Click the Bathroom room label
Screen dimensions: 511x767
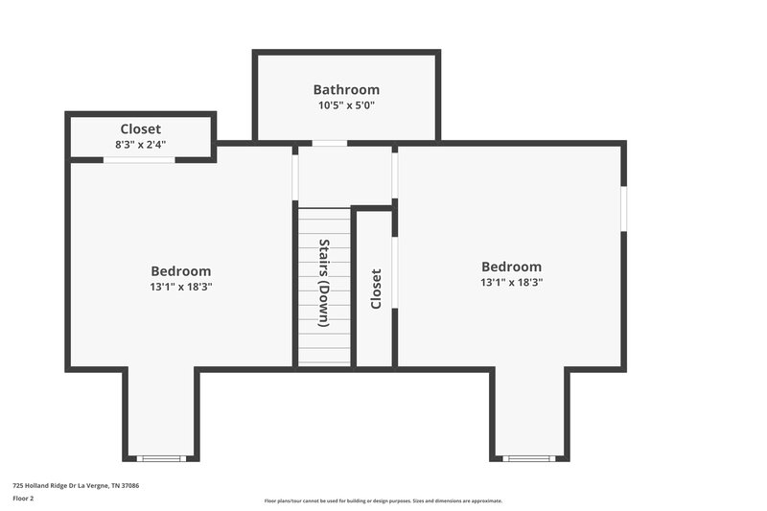click(x=346, y=89)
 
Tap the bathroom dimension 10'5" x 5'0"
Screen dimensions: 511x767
click(x=346, y=105)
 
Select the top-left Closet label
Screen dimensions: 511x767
click(x=140, y=128)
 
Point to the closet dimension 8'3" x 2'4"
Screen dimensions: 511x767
click(x=140, y=145)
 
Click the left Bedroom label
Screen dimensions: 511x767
click(x=180, y=271)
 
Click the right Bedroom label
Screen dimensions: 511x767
click(x=511, y=267)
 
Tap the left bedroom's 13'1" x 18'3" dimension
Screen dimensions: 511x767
click(x=180, y=287)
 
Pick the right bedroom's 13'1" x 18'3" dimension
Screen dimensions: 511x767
click(x=511, y=283)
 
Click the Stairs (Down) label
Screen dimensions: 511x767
click(x=324, y=284)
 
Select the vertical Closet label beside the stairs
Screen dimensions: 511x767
click(x=376, y=288)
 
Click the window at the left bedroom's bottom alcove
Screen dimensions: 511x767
click(x=162, y=458)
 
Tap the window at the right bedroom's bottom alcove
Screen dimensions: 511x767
click(x=529, y=458)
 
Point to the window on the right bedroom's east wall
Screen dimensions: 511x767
click(x=623, y=209)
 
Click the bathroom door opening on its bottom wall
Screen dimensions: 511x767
click(x=329, y=144)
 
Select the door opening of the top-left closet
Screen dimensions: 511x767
click(x=139, y=159)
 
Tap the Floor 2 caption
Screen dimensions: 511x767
click(x=23, y=499)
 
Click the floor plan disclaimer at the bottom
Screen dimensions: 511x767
click(x=383, y=500)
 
